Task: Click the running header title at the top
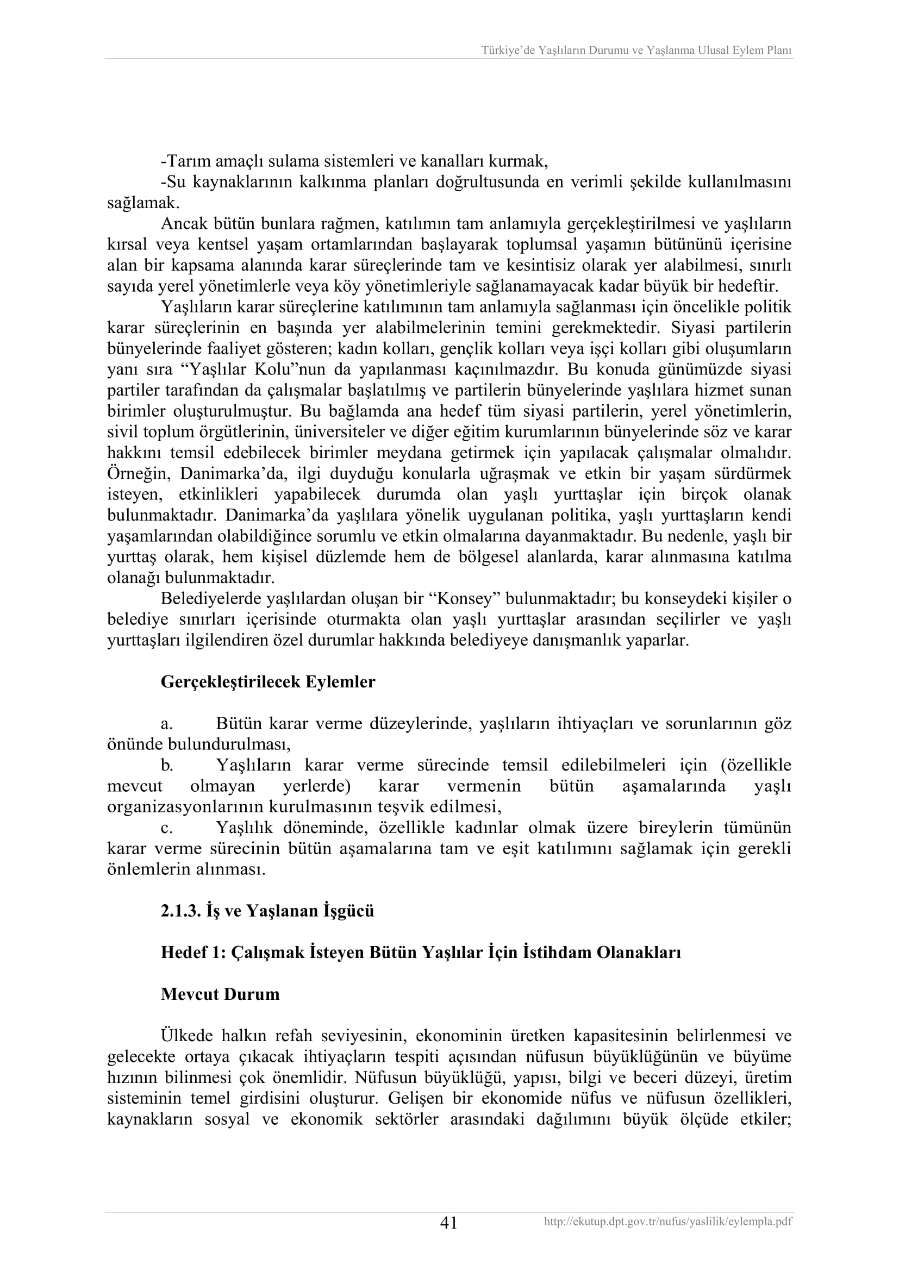pos(636,51)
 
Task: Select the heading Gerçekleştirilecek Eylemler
pos(268,682)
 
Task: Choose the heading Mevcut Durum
pos(220,994)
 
